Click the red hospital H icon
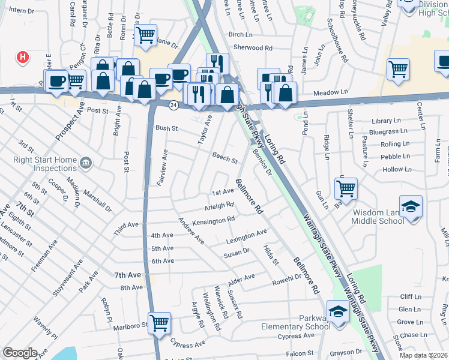point(23,58)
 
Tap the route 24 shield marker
point(173,105)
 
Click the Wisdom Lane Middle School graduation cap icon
point(411,206)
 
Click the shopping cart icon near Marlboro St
point(159,323)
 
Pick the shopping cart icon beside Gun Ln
point(346,188)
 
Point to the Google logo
point(20,352)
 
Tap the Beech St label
point(225,158)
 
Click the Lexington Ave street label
point(246,236)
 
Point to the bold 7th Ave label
point(127,275)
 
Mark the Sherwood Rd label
point(253,47)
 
